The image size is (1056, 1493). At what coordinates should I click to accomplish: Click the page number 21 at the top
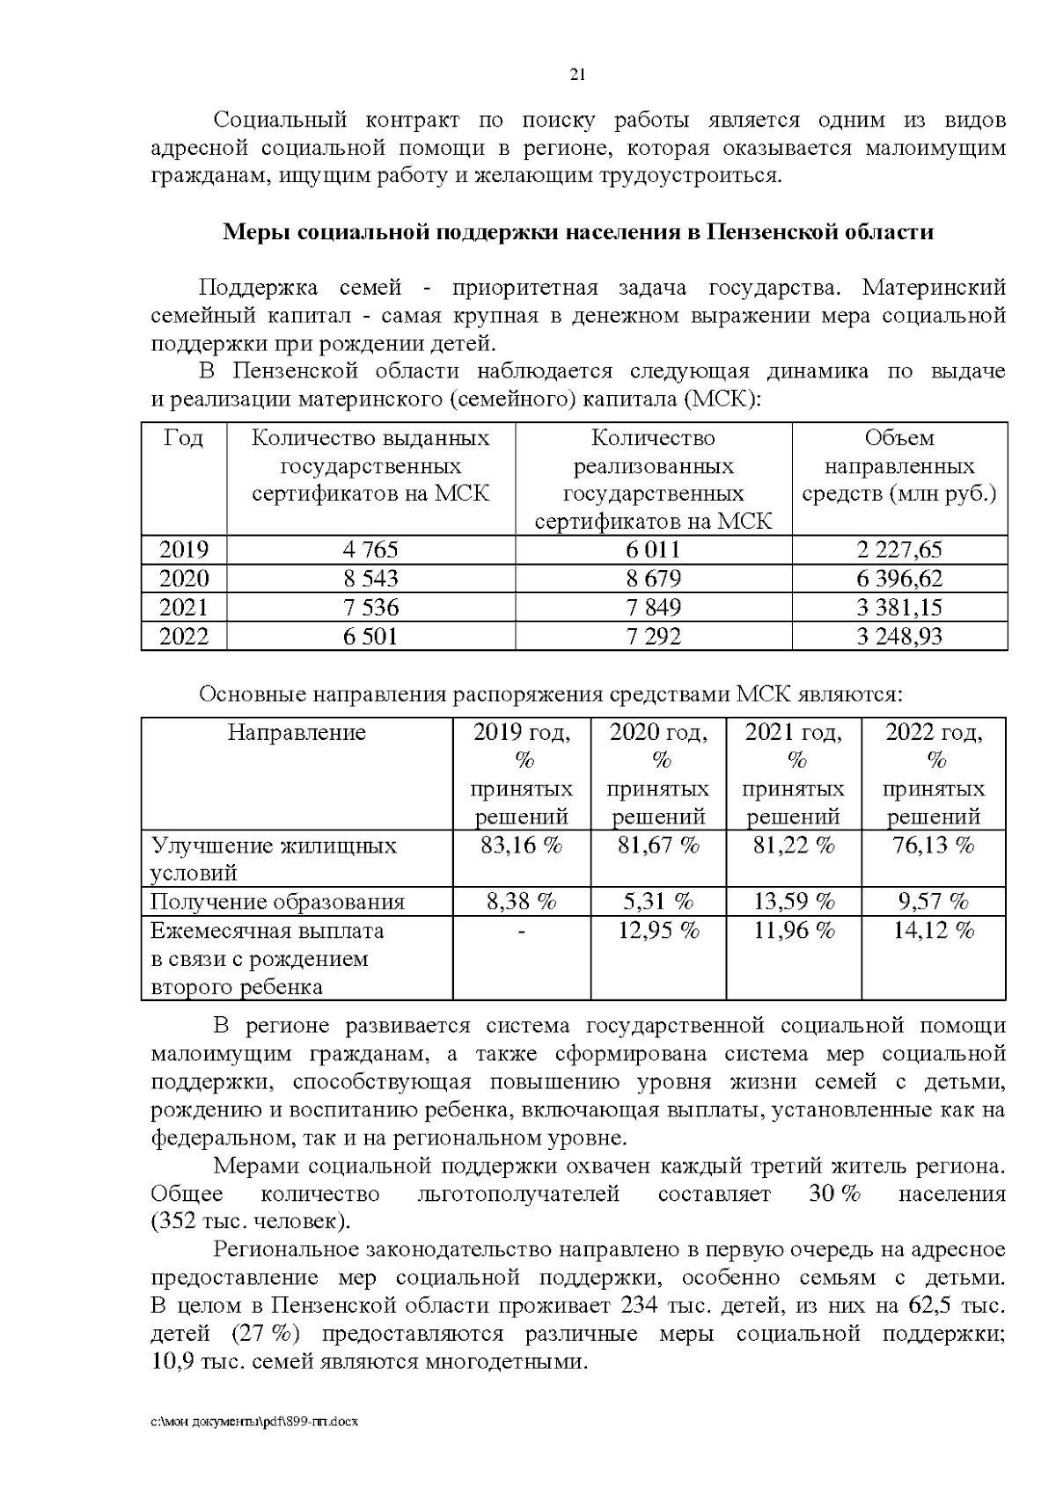click(x=578, y=75)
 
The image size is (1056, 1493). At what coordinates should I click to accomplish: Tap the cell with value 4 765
click(x=370, y=550)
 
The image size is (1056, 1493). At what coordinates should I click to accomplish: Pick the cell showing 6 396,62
click(x=898, y=578)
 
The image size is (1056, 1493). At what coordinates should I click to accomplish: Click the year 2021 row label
click(x=184, y=607)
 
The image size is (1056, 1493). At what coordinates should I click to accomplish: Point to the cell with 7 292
click(x=653, y=635)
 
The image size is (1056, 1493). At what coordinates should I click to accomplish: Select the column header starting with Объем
click(x=898, y=465)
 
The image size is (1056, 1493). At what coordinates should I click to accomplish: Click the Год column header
click(x=184, y=438)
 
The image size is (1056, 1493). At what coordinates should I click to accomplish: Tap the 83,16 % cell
click(x=521, y=846)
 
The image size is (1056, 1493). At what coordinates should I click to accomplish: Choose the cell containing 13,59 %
click(x=794, y=902)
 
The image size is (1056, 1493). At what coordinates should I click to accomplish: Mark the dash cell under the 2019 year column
click(x=521, y=931)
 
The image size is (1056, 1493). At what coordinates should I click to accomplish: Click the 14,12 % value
click(x=933, y=931)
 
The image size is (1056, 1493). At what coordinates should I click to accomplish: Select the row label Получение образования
click(x=277, y=902)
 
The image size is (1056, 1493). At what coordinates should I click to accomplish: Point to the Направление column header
click(x=297, y=733)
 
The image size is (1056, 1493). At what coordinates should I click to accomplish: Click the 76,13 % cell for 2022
click(x=933, y=846)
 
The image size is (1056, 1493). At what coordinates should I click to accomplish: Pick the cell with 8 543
click(x=370, y=578)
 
